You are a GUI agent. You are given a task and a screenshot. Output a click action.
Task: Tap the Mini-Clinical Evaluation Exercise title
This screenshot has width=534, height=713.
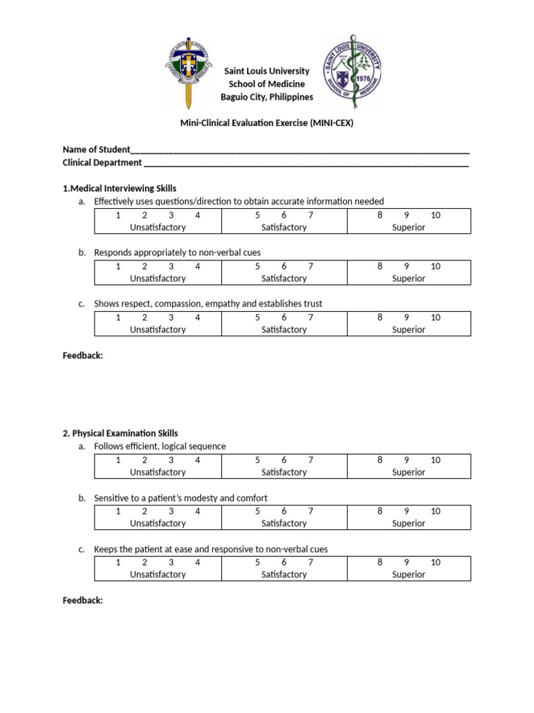click(268, 124)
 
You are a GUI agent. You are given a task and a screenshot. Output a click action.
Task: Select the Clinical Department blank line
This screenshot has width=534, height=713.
click(306, 164)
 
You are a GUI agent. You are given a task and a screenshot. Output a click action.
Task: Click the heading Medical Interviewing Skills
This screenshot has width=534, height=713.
click(120, 189)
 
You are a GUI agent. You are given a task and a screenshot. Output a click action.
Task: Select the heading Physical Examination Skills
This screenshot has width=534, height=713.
click(120, 433)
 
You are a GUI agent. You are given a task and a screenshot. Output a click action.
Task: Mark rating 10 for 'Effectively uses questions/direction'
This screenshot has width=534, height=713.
click(435, 215)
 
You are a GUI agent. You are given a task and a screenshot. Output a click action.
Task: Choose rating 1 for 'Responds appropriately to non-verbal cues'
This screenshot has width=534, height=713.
click(118, 266)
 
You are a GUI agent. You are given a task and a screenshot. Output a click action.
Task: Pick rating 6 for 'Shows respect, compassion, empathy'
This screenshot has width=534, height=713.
click(284, 318)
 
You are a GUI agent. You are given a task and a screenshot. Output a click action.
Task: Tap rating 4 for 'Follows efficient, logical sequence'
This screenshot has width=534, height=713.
click(197, 460)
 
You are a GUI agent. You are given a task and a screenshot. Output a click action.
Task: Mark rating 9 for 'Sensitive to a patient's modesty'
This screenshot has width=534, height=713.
click(407, 511)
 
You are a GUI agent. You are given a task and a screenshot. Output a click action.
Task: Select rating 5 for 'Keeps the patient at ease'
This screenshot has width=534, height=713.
click(257, 562)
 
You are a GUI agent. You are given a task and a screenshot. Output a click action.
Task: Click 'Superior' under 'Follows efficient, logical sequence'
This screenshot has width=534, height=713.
click(409, 472)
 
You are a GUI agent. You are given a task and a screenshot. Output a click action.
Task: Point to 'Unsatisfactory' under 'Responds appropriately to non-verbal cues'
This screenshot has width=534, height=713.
click(158, 279)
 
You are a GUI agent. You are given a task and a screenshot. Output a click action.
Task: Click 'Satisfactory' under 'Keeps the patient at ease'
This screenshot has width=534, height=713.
click(284, 574)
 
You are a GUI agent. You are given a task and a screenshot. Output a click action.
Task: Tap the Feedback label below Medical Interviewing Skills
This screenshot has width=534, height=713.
click(83, 356)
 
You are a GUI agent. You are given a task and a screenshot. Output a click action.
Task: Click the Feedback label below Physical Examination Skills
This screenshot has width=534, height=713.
click(83, 600)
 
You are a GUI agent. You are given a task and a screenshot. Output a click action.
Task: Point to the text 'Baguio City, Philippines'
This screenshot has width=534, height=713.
click(267, 97)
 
